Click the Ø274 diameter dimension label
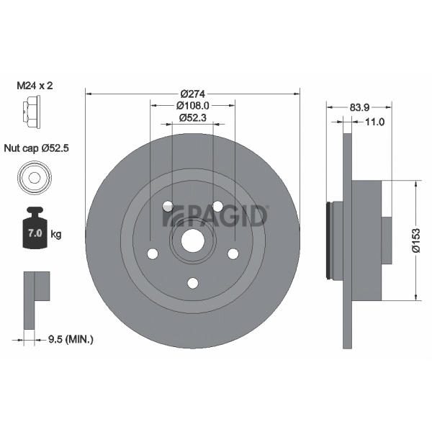pyautogui.click(x=193, y=94)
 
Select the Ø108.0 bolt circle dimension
pyautogui.click(x=193, y=106)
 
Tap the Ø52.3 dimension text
pyautogui.click(x=193, y=118)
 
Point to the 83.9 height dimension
pyautogui.click(x=359, y=107)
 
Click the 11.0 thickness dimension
pyautogui.click(x=374, y=122)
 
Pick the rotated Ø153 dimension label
pyautogui.click(x=416, y=240)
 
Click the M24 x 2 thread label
pyautogui.click(x=35, y=86)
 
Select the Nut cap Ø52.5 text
pyautogui.click(x=37, y=148)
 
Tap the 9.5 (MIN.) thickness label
pyautogui.click(x=71, y=339)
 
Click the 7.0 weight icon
pyautogui.click(x=35, y=228)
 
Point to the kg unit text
pyautogui.click(x=56, y=235)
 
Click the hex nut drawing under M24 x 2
pyautogui.click(x=31, y=112)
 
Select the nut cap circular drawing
pyautogui.click(x=35, y=177)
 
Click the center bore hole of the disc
pyautogui.click(x=193, y=240)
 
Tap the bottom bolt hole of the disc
pyautogui.click(x=193, y=283)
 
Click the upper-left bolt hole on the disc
pyautogui.click(x=168, y=206)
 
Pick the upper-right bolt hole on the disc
pyautogui.click(x=217, y=206)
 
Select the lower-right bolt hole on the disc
pyautogui.click(x=233, y=253)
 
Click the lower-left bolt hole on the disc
pyautogui.click(x=153, y=253)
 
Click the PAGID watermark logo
pyautogui.click(x=215, y=216)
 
